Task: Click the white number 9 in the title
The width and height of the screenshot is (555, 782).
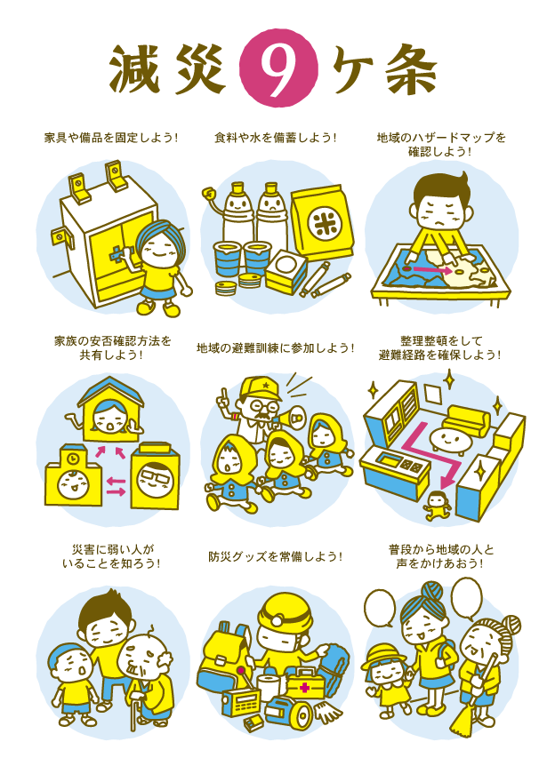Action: (277, 70)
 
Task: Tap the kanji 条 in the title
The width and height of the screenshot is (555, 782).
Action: (412, 70)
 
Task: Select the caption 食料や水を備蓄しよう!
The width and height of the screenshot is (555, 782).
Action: (276, 138)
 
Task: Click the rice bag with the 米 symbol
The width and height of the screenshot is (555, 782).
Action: (323, 221)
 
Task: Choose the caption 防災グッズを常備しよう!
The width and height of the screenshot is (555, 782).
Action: (276, 556)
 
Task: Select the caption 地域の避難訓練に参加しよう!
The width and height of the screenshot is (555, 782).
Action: (276, 347)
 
